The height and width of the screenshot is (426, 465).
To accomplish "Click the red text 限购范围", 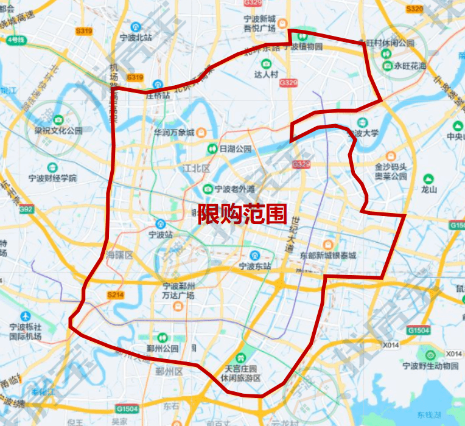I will (x=242, y=214).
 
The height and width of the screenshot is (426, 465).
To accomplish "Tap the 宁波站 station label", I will (x=161, y=234).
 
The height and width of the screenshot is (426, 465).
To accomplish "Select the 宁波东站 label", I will (x=254, y=266).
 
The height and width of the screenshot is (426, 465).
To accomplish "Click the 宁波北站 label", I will (x=136, y=37).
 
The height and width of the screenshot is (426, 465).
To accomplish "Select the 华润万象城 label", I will (x=174, y=132).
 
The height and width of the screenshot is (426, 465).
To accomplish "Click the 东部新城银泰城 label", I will (x=327, y=256).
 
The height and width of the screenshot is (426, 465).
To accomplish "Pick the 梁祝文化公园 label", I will (x=58, y=130).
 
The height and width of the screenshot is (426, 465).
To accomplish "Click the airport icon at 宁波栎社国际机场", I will (x=25, y=316).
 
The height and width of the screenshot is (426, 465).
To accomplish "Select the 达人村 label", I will (x=266, y=74).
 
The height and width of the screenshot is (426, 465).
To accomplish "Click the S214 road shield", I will (x=114, y=295).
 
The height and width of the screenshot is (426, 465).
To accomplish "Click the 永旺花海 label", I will (x=410, y=66).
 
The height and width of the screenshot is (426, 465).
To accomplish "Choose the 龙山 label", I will (x=429, y=189).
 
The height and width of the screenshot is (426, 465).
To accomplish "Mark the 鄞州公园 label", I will (x=163, y=349).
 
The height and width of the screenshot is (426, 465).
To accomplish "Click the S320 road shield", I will (x=414, y=9).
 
